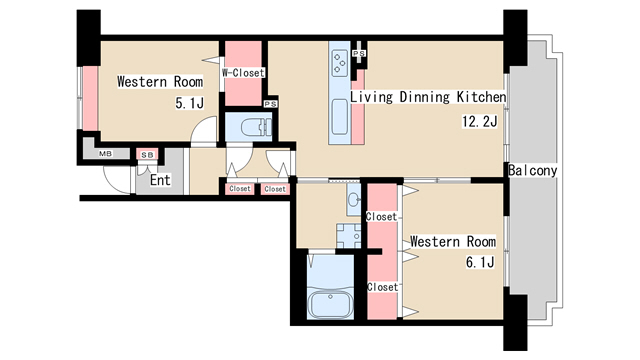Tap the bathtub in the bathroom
tap(330, 303)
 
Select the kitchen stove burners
tap(340, 63)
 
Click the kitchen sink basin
tap(340, 117)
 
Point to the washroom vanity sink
tap(354, 200)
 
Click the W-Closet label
tap(243, 73)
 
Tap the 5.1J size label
tap(189, 103)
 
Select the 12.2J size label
tap(480, 121)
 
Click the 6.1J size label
tap(480, 262)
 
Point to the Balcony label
tap(533, 171)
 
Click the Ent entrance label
tap(160, 180)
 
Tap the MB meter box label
tap(106, 154)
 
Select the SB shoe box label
tap(147, 155)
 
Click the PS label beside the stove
tap(359, 53)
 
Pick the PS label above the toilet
tap(271, 104)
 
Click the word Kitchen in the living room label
tap(481, 97)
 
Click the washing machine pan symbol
tap(349, 236)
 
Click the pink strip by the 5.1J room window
tap(90, 98)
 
